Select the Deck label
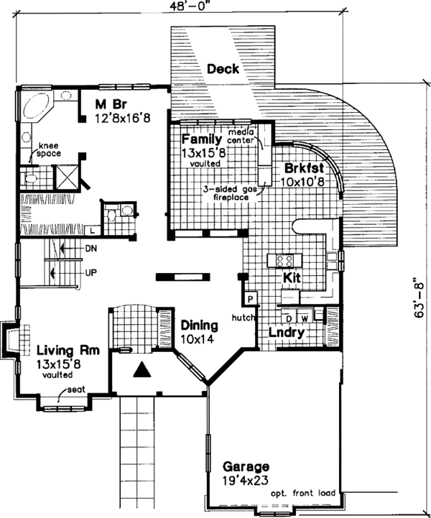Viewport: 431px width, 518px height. click(223, 69)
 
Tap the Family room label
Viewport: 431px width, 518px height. click(200, 138)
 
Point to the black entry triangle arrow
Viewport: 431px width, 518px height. click(143, 370)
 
